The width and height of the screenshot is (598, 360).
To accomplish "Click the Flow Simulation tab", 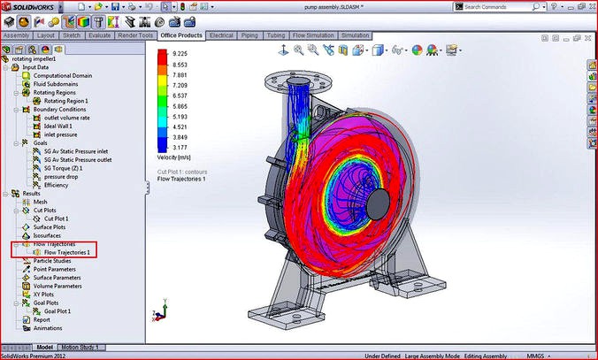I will point(313,35).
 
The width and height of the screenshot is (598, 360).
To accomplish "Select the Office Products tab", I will point(181,35).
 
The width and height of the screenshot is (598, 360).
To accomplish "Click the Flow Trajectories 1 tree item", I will point(66,252).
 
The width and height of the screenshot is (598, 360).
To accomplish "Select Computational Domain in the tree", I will point(64,76).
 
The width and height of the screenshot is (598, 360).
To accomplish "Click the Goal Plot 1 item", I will point(63,311).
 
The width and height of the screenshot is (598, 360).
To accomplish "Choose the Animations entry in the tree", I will point(48,328).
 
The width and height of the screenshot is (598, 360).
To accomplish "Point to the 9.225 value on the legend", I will point(180,53).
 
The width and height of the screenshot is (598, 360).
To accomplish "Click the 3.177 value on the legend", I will point(180,148).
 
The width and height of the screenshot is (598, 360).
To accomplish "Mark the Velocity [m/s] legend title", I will point(176,159).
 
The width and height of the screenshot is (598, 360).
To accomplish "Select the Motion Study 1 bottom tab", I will point(80,348).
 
